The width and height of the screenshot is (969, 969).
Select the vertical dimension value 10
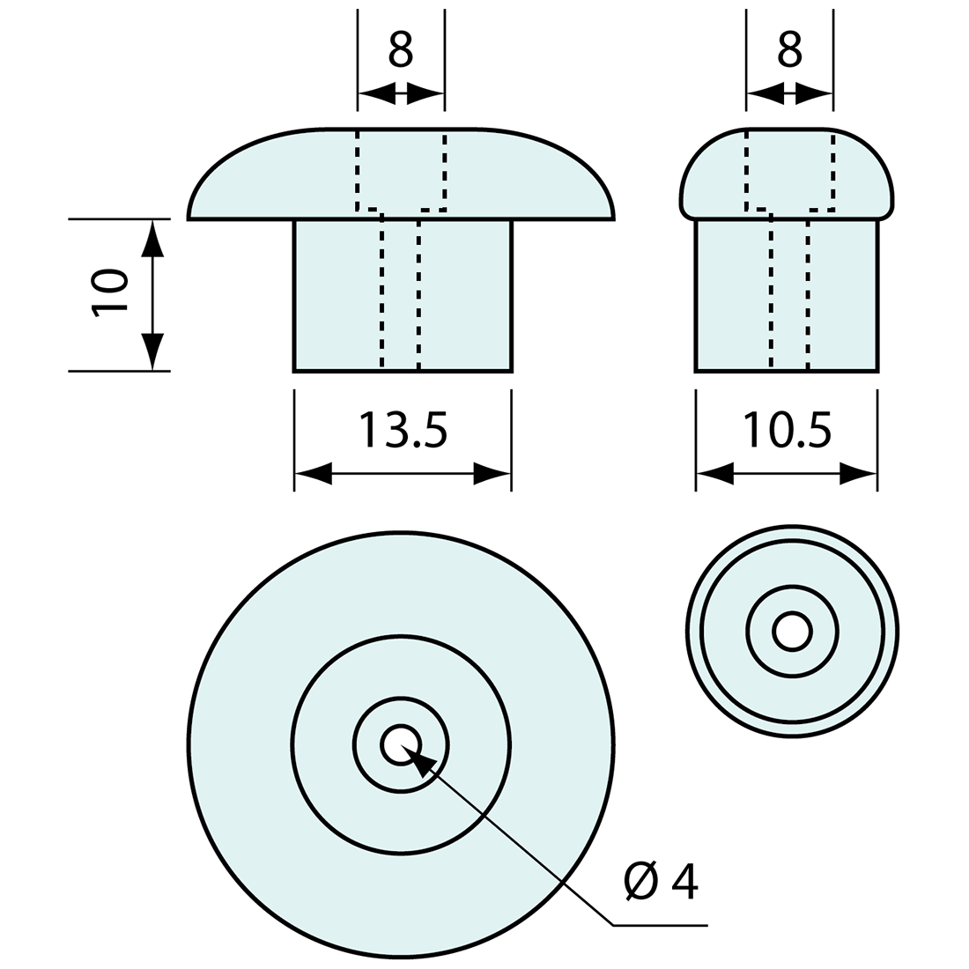(110, 293)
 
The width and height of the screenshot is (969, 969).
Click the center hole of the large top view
(401, 744)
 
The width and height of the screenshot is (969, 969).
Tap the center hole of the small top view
(792, 632)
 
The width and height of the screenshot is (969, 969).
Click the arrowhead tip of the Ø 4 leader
(403, 745)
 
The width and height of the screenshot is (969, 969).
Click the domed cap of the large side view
(401, 174)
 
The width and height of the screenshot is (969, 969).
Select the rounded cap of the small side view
(787, 174)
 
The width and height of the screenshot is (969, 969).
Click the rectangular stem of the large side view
(403, 296)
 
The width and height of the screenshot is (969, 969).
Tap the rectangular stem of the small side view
(787, 296)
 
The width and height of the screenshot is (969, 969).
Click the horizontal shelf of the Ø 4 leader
(660, 925)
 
